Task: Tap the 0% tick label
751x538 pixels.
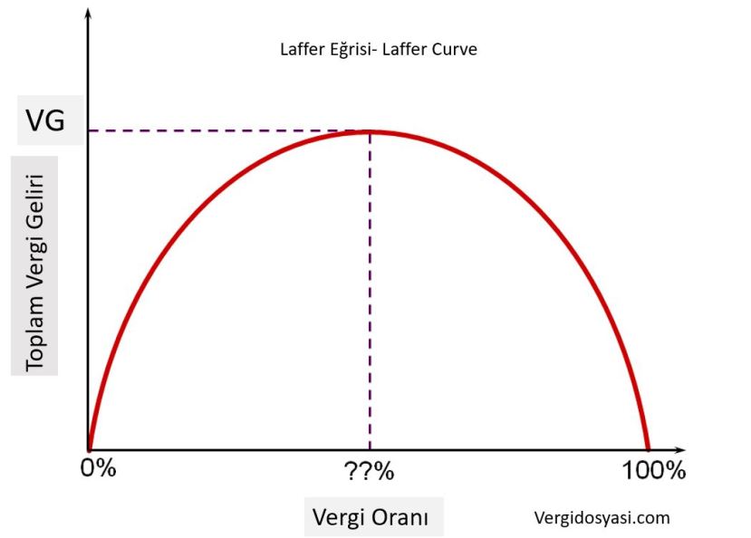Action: click(x=98, y=471)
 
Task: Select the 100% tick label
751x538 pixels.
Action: click(x=652, y=471)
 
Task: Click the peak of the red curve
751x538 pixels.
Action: click(x=370, y=132)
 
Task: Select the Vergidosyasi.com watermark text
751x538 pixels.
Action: click(x=602, y=517)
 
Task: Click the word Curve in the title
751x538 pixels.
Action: click(x=455, y=50)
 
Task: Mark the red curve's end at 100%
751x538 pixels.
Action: click(x=648, y=447)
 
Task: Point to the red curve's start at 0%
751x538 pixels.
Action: click(x=89, y=447)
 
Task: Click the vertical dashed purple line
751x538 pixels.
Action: click(x=370, y=290)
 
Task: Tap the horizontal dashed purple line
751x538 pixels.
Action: click(x=226, y=131)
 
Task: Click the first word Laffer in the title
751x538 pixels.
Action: click(x=303, y=50)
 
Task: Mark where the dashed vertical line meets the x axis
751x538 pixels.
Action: click(x=370, y=449)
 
